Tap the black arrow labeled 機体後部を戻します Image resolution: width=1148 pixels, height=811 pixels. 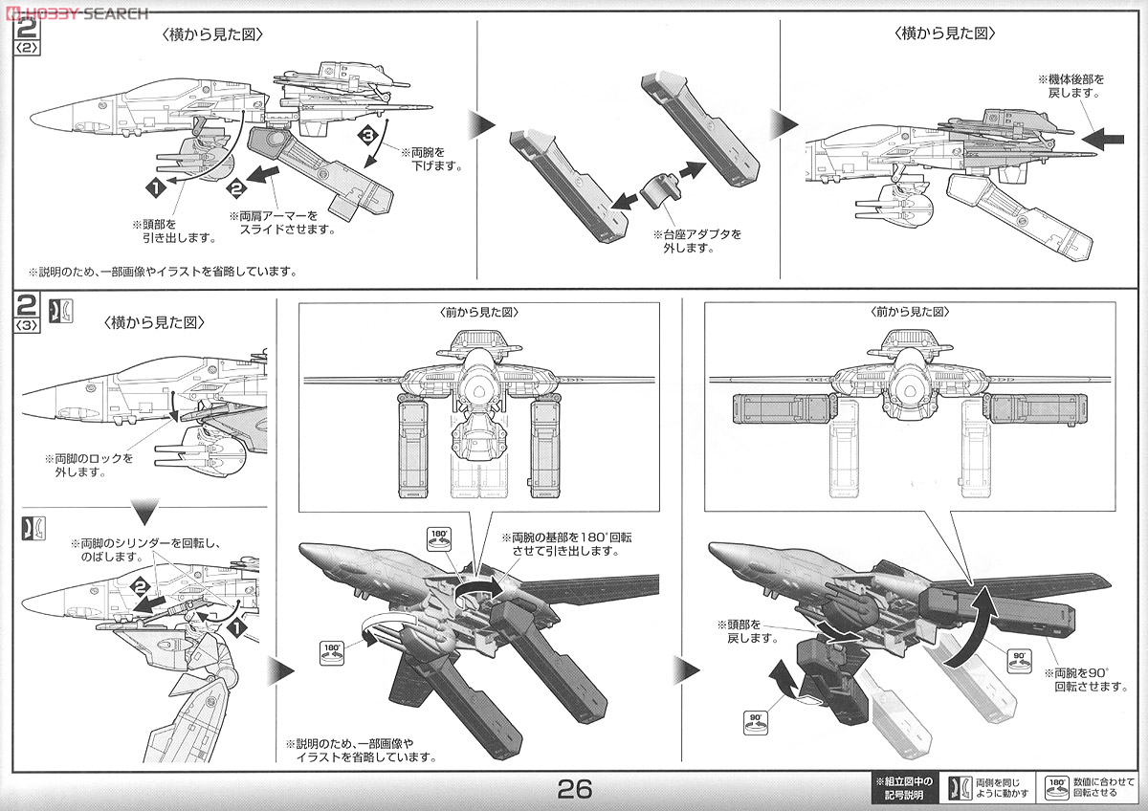(x=1109, y=139)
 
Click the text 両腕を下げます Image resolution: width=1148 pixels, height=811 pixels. (x=430, y=158)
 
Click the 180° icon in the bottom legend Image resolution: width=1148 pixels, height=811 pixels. (x=1056, y=786)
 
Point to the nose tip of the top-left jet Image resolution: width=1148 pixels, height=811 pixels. (x=33, y=120)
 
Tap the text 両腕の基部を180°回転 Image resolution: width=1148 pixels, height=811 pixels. (x=567, y=544)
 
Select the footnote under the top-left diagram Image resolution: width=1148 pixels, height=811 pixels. (x=163, y=272)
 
